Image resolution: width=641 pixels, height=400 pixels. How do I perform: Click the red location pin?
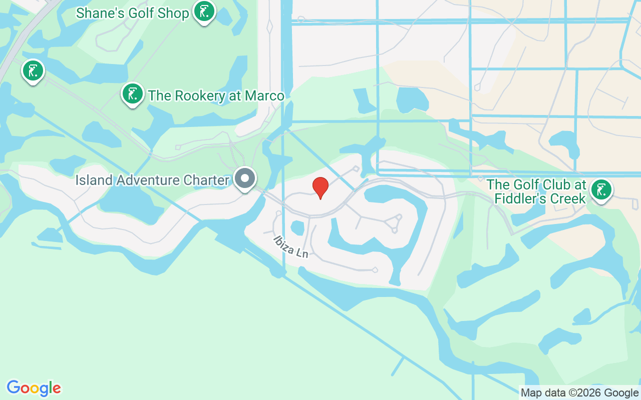tap(320, 187)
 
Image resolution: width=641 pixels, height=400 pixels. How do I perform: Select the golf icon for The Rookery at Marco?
tap(133, 93)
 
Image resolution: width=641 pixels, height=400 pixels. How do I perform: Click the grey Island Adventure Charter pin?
tap(245, 178)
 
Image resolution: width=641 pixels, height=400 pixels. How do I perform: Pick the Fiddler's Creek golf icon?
tap(601, 190)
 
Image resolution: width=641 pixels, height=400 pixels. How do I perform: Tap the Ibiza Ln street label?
tap(290, 246)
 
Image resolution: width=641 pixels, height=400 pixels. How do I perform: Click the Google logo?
tap(34, 388)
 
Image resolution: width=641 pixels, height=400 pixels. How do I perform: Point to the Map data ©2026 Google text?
tap(579, 393)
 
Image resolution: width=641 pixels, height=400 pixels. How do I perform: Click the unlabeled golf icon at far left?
tap(33, 71)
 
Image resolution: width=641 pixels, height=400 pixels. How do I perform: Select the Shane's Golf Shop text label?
tap(133, 13)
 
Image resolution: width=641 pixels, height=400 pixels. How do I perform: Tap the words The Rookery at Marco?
tap(216, 95)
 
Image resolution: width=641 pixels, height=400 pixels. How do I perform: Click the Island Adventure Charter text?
tap(152, 180)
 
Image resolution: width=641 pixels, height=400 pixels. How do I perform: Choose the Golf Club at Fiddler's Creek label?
tap(536, 192)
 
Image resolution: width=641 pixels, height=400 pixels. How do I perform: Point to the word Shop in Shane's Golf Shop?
tap(172, 13)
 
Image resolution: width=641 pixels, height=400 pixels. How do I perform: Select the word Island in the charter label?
tap(94, 180)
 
